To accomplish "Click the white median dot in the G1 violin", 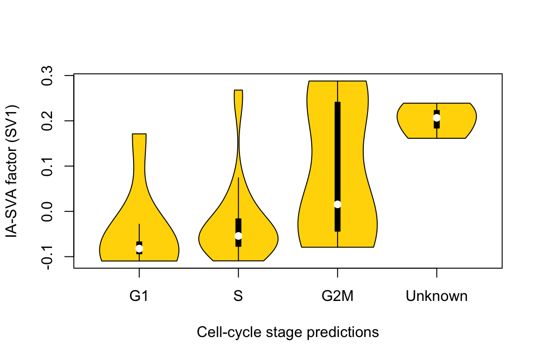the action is click(x=139, y=248).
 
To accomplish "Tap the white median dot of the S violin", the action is click(x=238, y=236).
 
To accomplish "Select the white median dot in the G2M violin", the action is click(x=337, y=204).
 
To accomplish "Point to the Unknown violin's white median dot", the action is click(x=437, y=118).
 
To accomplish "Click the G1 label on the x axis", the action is click(x=139, y=296).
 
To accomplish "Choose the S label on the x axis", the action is click(x=238, y=296).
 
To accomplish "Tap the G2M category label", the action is click(x=337, y=296).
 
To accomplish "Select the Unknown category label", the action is click(x=437, y=296).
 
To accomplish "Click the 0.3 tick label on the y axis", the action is click(x=47, y=75).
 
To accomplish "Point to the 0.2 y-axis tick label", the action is click(x=47, y=121).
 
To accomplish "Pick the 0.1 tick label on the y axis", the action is click(x=47, y=166).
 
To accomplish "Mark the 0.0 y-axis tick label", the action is click(x=47, y=211).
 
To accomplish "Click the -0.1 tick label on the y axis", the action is click(x=47, y=257).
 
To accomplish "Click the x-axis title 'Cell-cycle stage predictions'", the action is click(x=288, y=332).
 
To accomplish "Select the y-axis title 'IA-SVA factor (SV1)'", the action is click(x=12, y=171).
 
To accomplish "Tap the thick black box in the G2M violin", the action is click(x=337, y=167).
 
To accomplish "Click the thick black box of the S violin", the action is click(x=238, y=232).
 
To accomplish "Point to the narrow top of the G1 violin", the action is click(x=139, y=134).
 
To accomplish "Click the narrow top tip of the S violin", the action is click(x=238, y=90).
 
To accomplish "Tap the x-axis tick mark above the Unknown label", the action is click(x=437, y=272).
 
